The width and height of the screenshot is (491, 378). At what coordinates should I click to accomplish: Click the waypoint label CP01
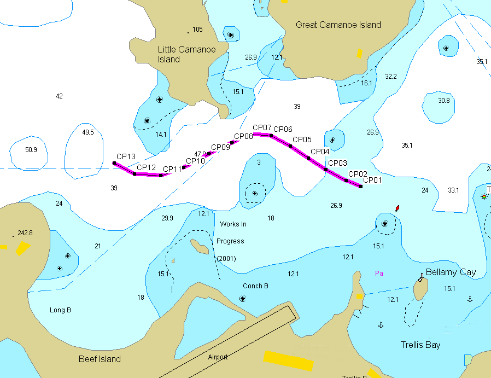point(372,180)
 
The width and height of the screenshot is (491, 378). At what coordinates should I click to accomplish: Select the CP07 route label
point(262,128)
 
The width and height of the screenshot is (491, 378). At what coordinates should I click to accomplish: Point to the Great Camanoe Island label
point(338,25)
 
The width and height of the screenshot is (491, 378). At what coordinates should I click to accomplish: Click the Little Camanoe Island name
point(186,54)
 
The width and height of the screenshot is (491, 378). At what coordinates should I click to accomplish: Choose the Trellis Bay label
point(420,345)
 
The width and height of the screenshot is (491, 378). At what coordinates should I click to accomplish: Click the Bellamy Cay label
point(451,272)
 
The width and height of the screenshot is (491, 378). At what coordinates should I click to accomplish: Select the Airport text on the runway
point(218,357)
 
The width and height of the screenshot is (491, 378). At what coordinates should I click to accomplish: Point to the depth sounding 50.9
point(31,150)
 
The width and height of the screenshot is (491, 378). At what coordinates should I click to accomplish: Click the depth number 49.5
point(88,132)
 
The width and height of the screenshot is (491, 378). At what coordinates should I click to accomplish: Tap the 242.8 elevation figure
point(25,233)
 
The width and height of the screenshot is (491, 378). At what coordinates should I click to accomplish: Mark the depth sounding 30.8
point(444,101)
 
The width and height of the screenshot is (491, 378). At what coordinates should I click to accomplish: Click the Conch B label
point(255,286)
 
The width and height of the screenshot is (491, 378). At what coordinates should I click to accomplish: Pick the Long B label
point(60,310)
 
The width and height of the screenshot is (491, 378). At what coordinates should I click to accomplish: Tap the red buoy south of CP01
point(397,208)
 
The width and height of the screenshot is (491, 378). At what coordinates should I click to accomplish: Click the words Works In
point(233,224)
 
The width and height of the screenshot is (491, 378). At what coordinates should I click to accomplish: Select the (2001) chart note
point(226,258)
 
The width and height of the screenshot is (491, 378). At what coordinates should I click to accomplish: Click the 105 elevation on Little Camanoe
point(197,30)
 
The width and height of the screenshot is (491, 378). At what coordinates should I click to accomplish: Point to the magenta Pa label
point(378,273)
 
